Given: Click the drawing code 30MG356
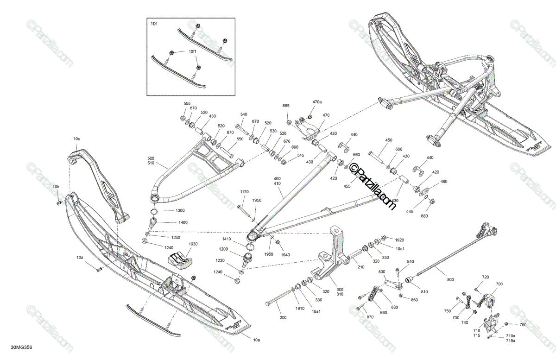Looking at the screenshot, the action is click(x=21, y=347).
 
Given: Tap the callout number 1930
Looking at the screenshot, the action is click(x=193, y=244).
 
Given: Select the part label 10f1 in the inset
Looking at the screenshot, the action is click(x=192, y=51).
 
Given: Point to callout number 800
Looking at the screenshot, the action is click(x=450, y=279).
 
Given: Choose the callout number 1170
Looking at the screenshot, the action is click(x=244, y=192).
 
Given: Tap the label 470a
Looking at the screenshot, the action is click(x=317, y=102).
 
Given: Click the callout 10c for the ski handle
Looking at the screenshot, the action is click(x=77, y=139).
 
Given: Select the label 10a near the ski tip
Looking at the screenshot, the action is click(x=256, y=340).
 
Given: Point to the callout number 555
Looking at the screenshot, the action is click(x=187, y=103).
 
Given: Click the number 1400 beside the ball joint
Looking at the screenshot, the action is click(x=183, y=222).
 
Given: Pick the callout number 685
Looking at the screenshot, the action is click(x=286, y=106).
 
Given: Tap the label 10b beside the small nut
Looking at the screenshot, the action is click(x=56, y=187).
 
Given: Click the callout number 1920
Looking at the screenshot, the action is click(x=399, y=240).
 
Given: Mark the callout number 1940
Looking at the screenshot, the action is click(x=285, y=255).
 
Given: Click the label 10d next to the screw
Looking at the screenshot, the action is click(x=80, y=258).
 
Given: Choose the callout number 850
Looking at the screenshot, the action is click(x=414, y=300).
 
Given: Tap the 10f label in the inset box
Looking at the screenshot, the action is click(x=154, y=24).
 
